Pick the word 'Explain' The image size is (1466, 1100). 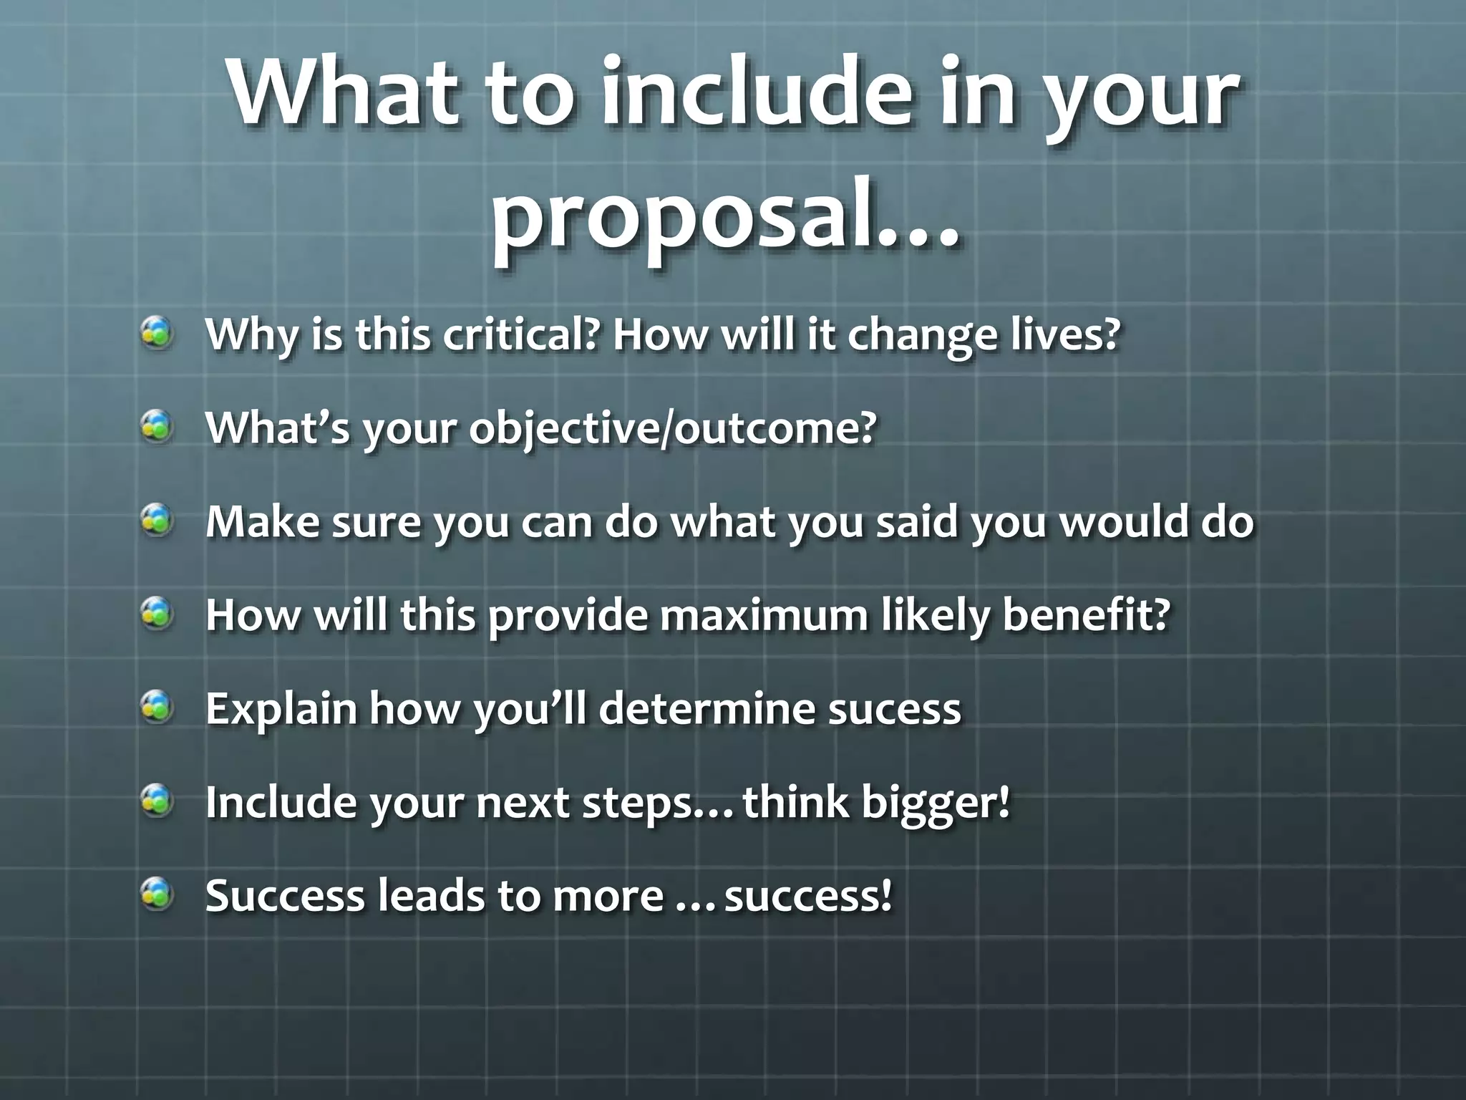281,708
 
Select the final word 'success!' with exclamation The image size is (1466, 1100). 808,895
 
